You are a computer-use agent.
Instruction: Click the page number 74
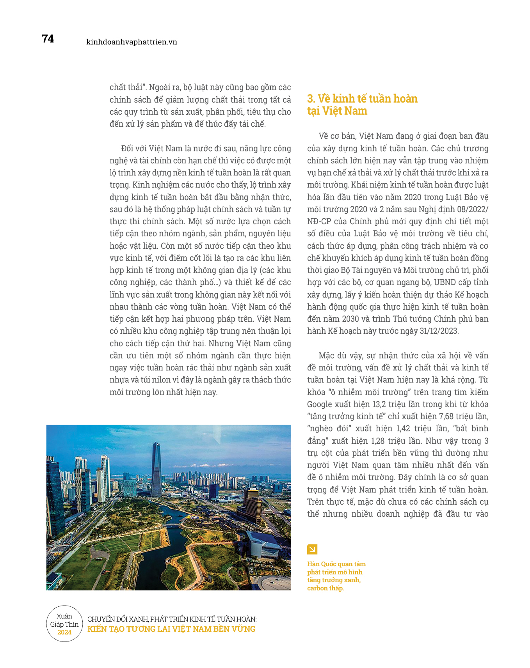click(48, 39)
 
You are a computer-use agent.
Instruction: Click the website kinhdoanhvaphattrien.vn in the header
click(132, 42)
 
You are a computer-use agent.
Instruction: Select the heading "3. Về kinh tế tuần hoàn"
click(362, 99)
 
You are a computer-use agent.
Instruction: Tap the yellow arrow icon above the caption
click(312, 549)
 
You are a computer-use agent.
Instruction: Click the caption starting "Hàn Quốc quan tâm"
click(336, 576)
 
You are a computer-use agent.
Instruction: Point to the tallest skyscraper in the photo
click(157, 468)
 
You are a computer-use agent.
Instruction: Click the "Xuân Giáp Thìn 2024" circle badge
click(64, 624)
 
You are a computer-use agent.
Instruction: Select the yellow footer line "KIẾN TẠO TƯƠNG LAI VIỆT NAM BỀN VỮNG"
click(171, 629)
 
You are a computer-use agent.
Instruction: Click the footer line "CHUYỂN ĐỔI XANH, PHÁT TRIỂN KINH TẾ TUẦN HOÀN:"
click(172, 619)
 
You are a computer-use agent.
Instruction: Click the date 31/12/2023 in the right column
click(439, 331)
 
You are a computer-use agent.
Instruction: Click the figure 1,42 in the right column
click(404, 429)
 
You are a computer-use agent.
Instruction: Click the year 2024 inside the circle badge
click(64, 633)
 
